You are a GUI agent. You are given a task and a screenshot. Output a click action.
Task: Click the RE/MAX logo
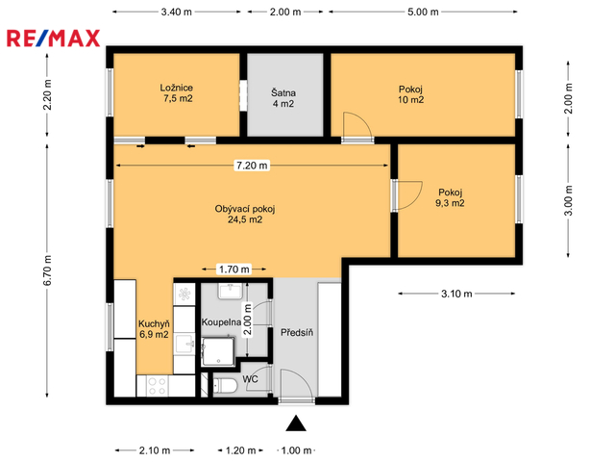tap(54, 38)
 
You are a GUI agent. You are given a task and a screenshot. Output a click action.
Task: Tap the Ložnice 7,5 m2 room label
tap(177, 93)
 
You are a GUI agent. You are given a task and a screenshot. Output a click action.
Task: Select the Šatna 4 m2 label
tap(283, 98)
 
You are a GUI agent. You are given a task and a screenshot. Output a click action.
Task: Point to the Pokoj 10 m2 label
tap(410, 94)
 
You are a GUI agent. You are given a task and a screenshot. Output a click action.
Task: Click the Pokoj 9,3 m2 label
tap(450, 197)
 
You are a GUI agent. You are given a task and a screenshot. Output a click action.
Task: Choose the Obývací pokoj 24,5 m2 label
tap(245, 214)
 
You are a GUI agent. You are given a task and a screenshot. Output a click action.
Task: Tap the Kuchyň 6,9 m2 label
tap(154, 329)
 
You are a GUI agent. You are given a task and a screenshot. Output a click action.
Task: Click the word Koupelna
tap(221, 322)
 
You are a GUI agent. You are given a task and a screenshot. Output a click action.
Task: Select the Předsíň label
tap(297, 333)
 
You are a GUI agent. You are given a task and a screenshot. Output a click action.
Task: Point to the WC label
tap(250, 379)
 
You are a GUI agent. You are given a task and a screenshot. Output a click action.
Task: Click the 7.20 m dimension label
tap(252, 166)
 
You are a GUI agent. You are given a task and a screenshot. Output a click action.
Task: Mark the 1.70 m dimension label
tap(234, 269)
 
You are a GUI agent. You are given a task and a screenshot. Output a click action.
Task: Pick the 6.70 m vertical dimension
tap(47, 270)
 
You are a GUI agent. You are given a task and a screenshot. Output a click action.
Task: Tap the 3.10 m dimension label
tap(456, 294)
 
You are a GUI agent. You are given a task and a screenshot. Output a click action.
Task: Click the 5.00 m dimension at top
tap(423, 12)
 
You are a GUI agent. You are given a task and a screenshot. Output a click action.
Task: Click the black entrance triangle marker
tap(296, 423)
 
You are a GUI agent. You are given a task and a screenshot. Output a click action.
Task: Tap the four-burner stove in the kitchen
tap(157, 386)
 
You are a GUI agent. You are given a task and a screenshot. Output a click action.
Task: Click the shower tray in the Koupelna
tap(218, 351)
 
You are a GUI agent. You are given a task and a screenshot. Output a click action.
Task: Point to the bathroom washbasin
tap(231, 291)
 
